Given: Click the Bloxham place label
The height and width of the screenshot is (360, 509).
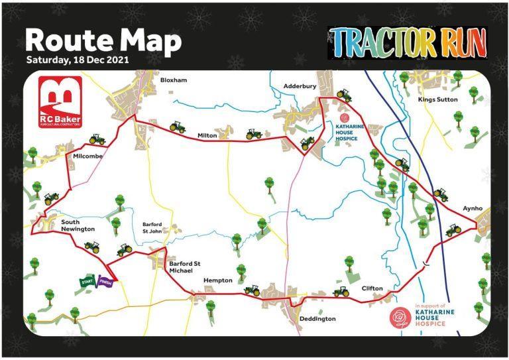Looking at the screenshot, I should pyautogui.click(x=174, y=80).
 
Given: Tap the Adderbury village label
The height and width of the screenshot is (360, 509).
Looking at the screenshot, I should pyautogui.click(x=300, y=86).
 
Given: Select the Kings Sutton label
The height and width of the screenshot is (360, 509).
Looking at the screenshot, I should pyautogui.click(x=437, y=99).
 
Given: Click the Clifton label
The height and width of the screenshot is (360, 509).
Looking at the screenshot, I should pyautogui.click(x=372, y=288).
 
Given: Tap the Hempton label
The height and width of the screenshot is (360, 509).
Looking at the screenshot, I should pyautogui.click(x=217, y=280).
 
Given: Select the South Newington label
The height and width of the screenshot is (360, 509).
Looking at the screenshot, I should pyautogui.click(x=78, y=225).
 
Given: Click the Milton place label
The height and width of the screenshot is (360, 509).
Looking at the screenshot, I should pyautogui.click(x=207, y=135).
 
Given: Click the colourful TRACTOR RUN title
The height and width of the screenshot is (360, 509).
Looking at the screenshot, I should pyautogui.click(x=407, y=42).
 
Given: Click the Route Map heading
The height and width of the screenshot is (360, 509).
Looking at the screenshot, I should pyautogui.click(x=103, y=40).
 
